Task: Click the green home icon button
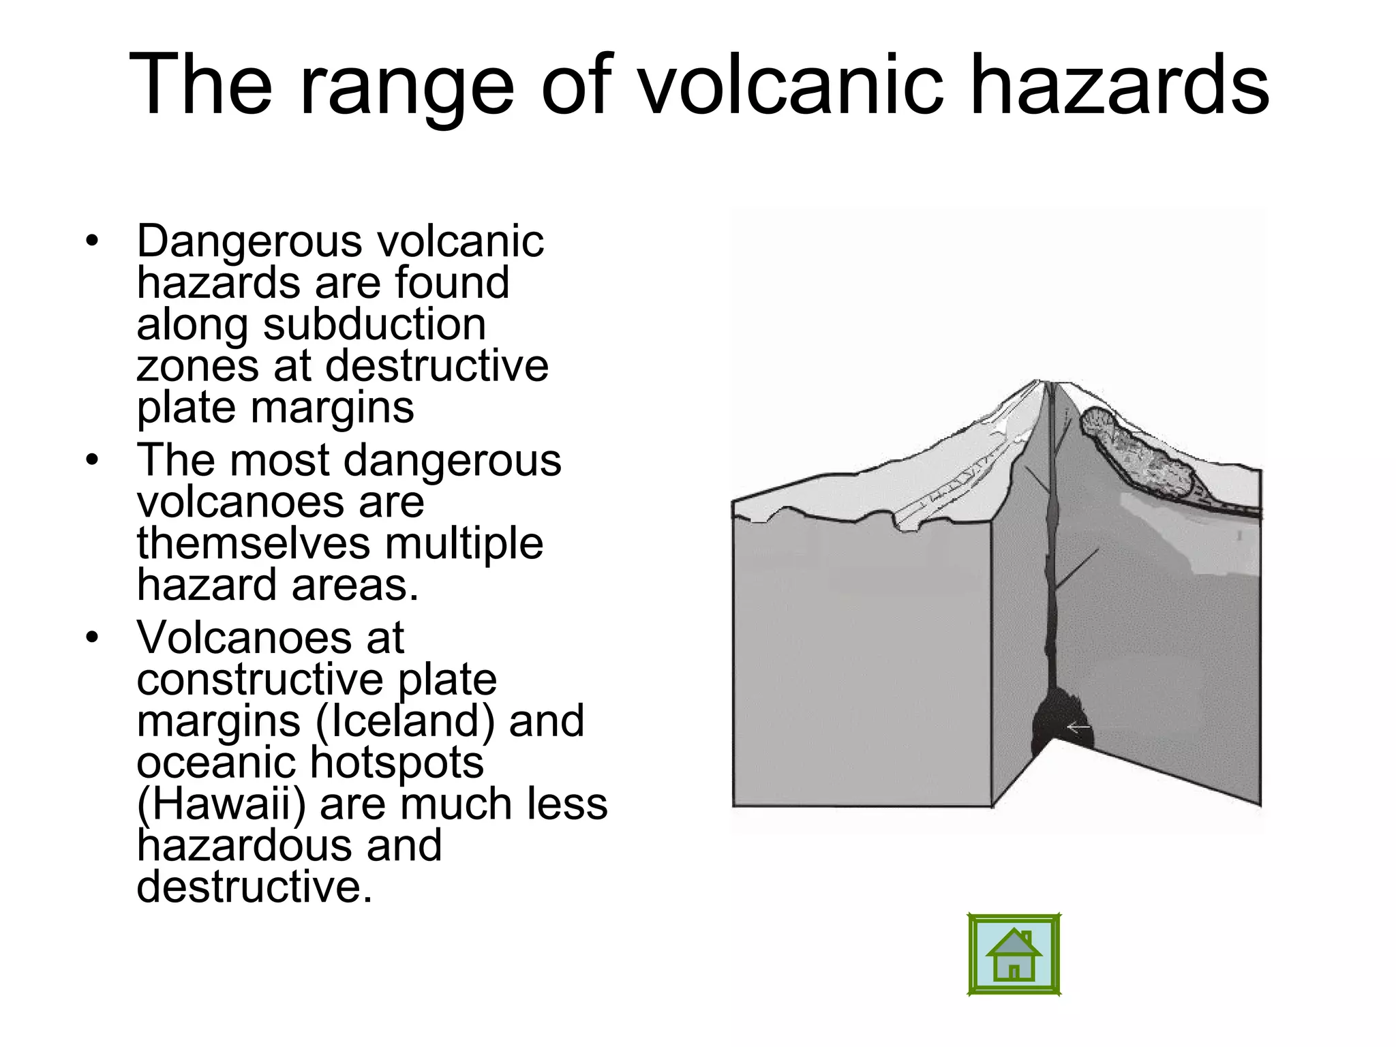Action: pos(1014,955)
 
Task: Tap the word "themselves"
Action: pos(253,543)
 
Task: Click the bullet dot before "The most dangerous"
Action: pos(93,460)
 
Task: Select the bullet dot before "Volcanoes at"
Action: pos(93,638)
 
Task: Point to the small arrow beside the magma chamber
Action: pos(1079,729)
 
